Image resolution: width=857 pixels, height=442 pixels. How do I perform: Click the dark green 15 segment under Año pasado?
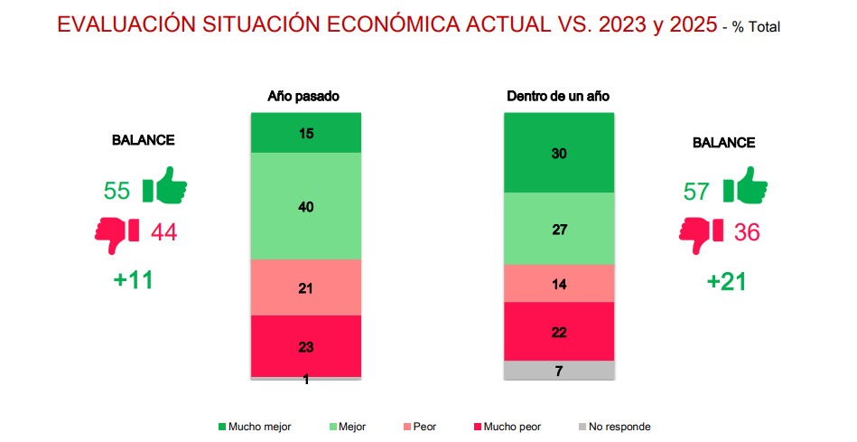tap(306, 133)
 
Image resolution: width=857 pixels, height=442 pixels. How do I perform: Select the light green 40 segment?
tap(306, 206)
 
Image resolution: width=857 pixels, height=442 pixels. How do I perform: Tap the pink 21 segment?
tap(306, 287)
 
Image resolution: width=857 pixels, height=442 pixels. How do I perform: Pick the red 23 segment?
tap(306, 345)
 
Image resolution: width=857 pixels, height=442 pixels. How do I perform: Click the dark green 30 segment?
tap(558, 153)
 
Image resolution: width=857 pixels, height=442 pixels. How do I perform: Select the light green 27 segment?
tap(558, 229)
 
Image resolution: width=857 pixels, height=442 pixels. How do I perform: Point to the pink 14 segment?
tap(558, 283)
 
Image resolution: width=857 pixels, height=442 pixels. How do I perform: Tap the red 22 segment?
tap(558, 331)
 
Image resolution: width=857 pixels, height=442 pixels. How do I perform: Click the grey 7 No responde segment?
tap(558, 371)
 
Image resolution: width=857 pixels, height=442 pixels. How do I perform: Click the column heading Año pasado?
tap(303, 95)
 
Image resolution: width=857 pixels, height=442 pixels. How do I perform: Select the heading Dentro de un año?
tap(559, 95)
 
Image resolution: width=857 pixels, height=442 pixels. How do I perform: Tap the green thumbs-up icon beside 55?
tap(164, 187)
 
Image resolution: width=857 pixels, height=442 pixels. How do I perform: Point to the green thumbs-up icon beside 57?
tap(745, 187)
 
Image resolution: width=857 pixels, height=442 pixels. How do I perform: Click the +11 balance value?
tap(134, 279)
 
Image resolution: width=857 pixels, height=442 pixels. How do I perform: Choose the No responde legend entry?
tap(614, 427)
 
